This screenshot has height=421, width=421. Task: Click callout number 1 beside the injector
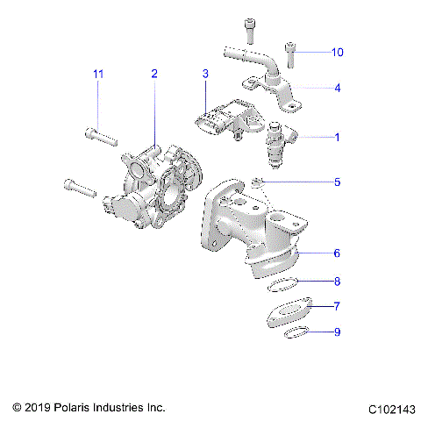click(x=336, y=137)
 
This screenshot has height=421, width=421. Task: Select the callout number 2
click(x=153, y=75)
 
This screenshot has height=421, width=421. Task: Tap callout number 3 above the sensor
click(x=204, y=75)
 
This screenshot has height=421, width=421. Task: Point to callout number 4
click(x=337, y=89)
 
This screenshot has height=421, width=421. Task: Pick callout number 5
click(x=337, y=183)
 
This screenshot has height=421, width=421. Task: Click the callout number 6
click(x=337, y=253)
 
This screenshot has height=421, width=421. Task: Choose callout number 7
click(x=337, y=307)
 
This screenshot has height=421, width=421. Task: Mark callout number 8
click(x=337, y=282)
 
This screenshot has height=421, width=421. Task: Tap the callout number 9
click(x=337, y=332)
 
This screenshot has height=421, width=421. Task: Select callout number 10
click(x=338, y=53)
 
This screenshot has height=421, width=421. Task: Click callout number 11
click(x=99, y=75)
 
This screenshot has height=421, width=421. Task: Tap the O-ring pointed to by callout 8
click(x=282, y=282)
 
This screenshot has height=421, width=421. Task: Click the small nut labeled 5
click(x=256, y=182)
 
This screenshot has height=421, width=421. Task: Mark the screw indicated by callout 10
click(x=289, y=54)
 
